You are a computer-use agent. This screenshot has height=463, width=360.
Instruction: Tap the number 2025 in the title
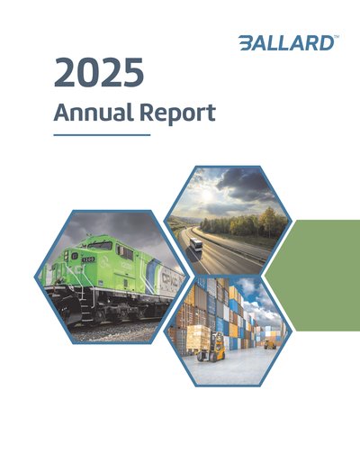coord(99,72)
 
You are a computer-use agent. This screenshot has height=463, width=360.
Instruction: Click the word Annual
coord(94,112)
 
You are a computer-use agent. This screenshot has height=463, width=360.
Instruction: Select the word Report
coord(177,113)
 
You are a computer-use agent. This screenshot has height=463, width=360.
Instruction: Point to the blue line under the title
coord(102,135)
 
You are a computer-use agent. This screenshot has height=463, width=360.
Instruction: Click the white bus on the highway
coord(196,244)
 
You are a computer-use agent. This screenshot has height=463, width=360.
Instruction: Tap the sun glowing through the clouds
coord(207,195)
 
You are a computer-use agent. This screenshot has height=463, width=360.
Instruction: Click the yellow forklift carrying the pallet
coord(213,348)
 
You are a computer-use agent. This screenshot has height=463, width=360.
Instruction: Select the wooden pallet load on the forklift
coord(198,338)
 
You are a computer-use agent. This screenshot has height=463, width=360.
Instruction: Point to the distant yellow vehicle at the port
coord(270,343)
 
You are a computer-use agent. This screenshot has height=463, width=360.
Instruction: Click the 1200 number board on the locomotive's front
coord(88,259)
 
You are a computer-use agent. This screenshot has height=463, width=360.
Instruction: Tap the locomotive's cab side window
coord(124,252)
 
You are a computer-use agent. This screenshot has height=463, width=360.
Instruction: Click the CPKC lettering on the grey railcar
coord(170,279)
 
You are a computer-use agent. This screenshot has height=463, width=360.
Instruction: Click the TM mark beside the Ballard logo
coord(337,37)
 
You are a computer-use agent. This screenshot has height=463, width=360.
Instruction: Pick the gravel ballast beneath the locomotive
coord(115,332)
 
